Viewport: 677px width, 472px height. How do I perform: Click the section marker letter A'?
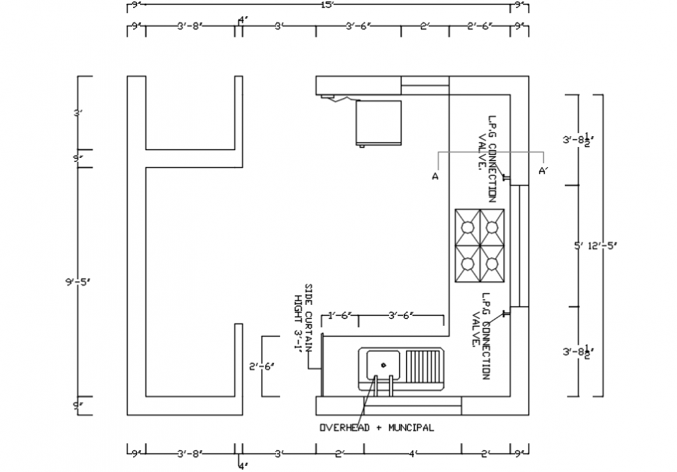pyautogui.click(x=542, y=171)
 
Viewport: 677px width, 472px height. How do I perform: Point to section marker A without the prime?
pyautogui.click(x=435, y=177)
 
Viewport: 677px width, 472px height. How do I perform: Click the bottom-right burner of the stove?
pyautogui.click(x=492, y=264)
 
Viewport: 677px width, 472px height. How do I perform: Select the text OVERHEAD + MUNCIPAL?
pyautogui.click(x=377, y=428)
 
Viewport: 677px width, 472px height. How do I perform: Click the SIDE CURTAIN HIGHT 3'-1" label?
pyautogui.click(x=302, y=317)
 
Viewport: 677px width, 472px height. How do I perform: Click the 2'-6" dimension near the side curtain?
pyautogui.click(x=261, y=365)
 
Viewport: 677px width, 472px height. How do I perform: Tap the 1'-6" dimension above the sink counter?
pyautogui.click(x=340, y=315)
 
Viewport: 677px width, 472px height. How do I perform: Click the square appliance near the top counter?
pyautogui.click(x=378, y=122)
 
